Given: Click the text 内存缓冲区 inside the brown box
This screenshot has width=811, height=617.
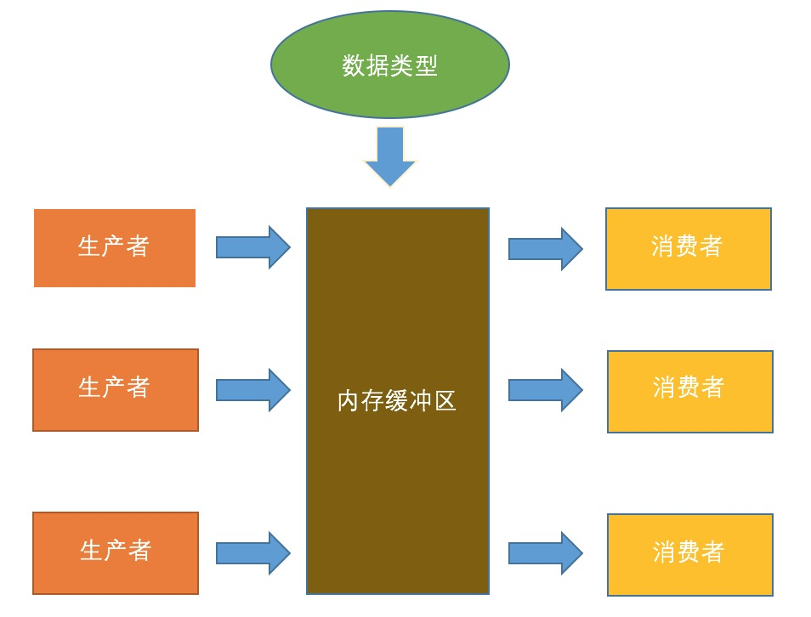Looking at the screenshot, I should (397, 400).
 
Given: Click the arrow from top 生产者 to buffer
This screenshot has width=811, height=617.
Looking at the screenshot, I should (253, 247).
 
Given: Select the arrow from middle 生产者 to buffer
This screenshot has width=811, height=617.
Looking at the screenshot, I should (253, 390).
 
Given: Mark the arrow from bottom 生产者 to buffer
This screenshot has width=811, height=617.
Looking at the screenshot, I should (253, 553).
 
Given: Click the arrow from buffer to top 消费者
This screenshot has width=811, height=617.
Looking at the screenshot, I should (546, 249).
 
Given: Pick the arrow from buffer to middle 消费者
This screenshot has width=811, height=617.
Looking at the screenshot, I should (546, 390).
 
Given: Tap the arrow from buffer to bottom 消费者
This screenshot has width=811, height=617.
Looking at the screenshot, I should (546, 553).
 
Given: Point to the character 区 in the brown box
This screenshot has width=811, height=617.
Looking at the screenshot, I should (445, 400).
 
